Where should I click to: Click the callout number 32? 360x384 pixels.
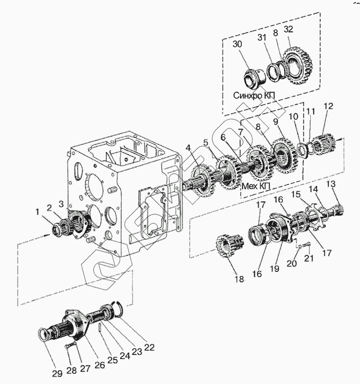[x=288, y=29]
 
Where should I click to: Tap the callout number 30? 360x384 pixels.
[x=237, y=44]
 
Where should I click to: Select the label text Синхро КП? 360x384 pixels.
[x=254, y=95]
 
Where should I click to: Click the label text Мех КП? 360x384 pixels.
[x=256, y=186]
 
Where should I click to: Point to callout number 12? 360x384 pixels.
[x=328, y=106]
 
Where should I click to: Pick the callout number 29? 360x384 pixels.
[x=57, y=373]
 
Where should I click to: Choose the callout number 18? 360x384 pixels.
[x=239, y=279]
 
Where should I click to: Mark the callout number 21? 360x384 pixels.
[x=309, y=258]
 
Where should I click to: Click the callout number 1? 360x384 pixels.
[x=37, y=211]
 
